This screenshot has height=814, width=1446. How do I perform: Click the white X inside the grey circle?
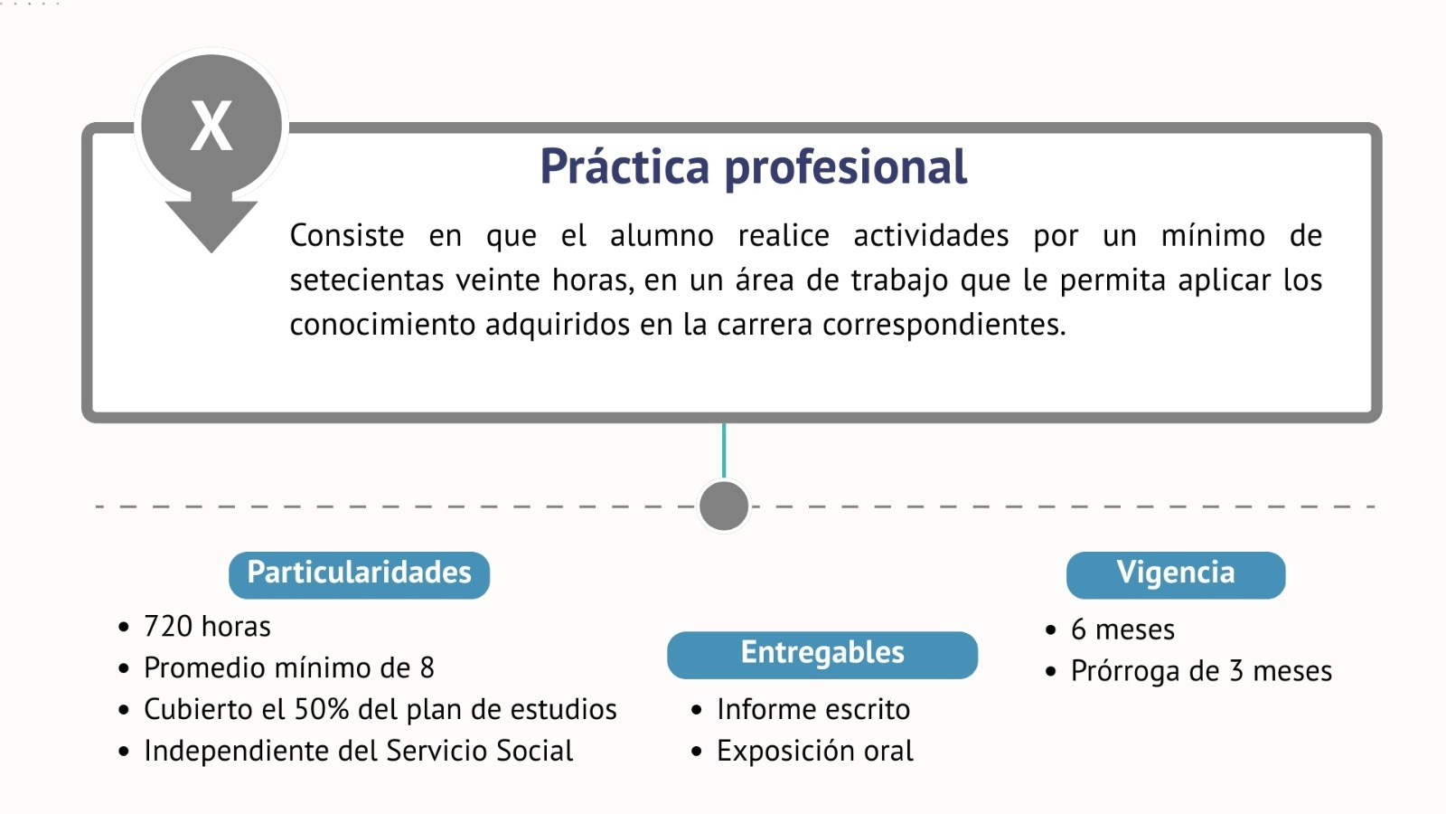(211, 126)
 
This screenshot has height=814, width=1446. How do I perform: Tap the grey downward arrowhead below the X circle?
(211, 222)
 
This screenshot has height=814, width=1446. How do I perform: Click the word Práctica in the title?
(624, 166)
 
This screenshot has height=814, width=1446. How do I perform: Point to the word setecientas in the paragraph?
(367, 280)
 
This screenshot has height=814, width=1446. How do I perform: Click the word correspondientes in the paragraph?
(944, 325)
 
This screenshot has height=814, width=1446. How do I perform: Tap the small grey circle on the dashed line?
(724, 506)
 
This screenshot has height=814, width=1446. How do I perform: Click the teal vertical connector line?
(724, 451)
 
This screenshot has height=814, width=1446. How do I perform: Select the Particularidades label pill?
(359, 574)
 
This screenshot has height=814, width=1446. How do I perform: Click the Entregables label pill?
(822, 655)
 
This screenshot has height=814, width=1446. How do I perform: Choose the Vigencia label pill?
(1176, 574)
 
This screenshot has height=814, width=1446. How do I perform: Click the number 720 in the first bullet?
(168, 627)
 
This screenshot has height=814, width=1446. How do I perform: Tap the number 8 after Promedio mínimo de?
(427, 668)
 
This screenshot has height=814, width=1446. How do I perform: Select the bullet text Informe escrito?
(813, 709)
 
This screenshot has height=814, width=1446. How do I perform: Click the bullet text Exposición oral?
(815, 752)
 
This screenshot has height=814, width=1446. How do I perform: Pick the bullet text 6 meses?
(1122, 629)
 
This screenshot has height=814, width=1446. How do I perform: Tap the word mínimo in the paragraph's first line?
(1213, 235)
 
